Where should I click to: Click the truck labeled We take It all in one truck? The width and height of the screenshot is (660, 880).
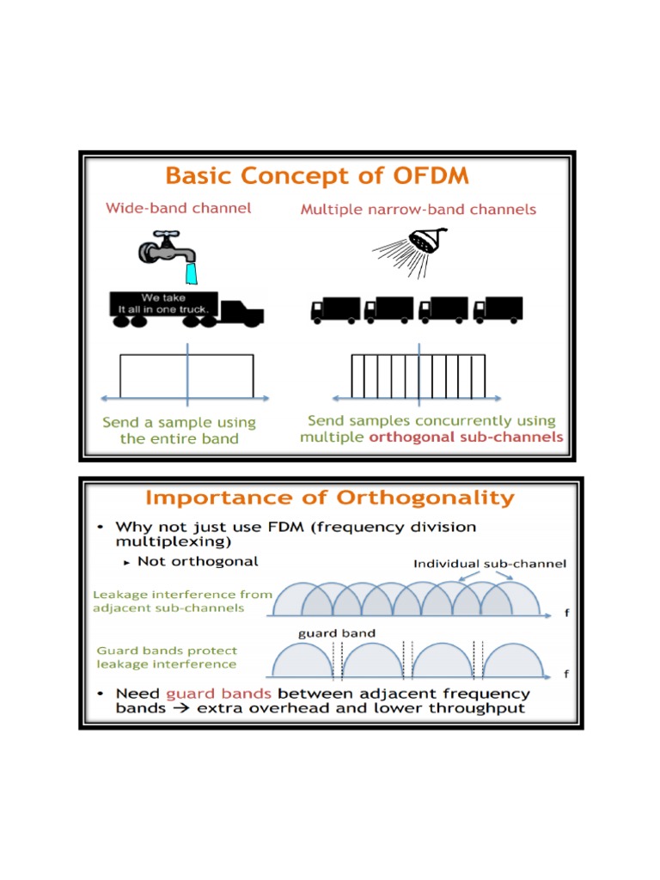185,308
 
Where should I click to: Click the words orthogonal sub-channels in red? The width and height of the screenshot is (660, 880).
467,437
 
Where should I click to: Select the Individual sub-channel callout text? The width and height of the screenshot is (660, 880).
490,564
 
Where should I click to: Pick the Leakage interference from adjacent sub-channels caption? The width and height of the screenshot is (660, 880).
182,601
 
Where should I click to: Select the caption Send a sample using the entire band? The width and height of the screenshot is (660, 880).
179,431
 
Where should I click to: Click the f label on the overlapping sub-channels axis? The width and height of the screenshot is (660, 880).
566,614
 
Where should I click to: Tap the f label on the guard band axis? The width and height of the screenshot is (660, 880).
566,675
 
